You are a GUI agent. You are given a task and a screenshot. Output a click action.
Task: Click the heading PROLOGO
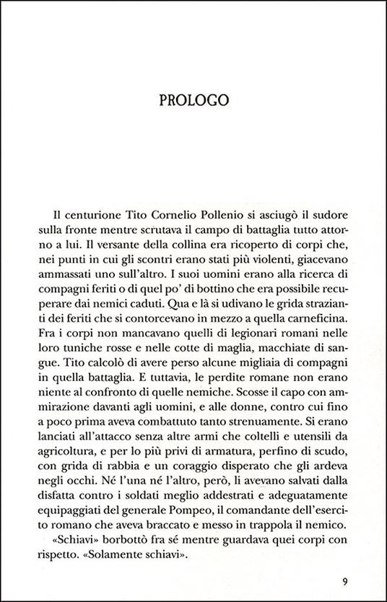193,100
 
